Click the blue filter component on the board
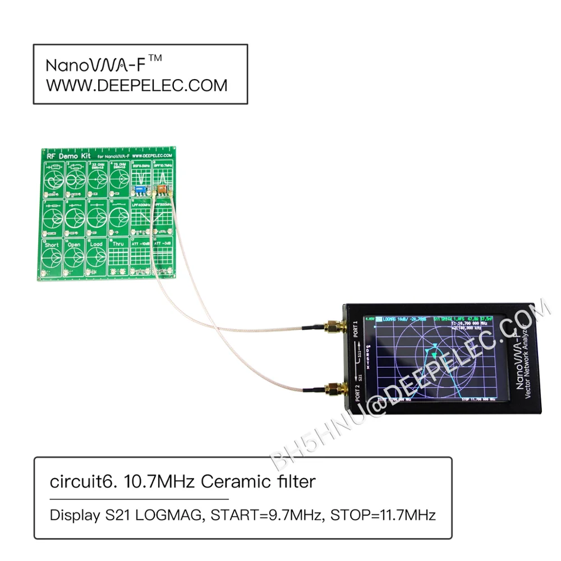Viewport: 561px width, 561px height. coord(141,190)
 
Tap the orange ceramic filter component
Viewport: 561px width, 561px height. coord(160,189)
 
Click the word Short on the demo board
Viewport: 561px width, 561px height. coord(52,245)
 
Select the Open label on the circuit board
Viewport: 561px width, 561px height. coord(73,245)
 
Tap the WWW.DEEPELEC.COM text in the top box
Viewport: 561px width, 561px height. coord(136,85)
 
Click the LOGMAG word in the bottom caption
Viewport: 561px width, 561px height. coord(169,515)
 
